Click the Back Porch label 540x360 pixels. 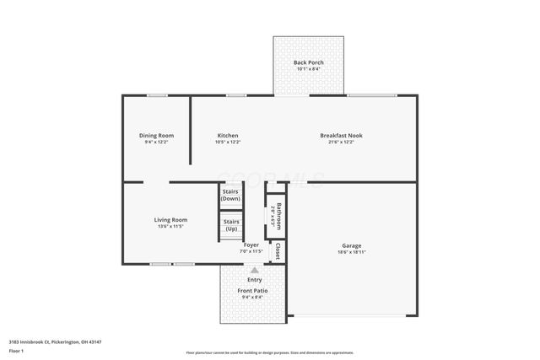coord(308,63)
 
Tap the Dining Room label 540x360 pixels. coord(156,136)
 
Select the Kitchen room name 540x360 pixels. coord(228,136)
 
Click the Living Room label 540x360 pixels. coord(170,220)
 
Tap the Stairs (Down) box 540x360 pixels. coord(230,195)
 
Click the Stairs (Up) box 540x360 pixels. coord(230,224)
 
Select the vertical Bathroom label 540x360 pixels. coord(278,215)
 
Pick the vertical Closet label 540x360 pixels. coord(278,250)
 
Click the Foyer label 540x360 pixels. coord(251,244)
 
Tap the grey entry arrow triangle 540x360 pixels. coord(255,270)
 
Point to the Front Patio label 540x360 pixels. coord(254,290)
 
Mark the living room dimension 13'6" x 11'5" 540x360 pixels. coord(170,227)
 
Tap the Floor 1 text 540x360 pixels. coord(16,350)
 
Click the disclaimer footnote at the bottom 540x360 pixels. coord(269,352)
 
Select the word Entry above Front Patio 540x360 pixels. coord(254,279)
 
